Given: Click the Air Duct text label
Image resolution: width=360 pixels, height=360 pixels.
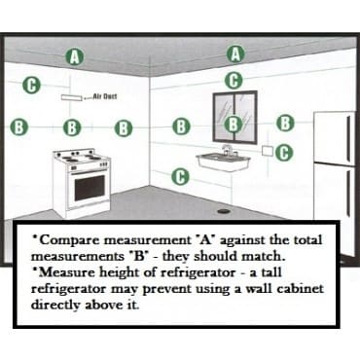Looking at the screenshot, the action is [105, 96].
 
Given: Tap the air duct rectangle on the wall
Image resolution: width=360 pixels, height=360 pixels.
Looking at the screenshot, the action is [71, 97].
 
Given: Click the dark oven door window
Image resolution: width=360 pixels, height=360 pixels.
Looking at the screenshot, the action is [90, 188].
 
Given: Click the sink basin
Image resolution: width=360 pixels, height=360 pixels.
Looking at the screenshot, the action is [223, 162].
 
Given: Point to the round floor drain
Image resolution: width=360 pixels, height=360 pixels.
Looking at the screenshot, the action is [224, 211].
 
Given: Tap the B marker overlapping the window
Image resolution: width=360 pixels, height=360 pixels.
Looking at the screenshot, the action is [234, 125].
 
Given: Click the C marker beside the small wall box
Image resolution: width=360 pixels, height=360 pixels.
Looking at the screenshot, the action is [284, 153].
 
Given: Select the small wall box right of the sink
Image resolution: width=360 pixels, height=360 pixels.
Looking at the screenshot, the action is [268, 151].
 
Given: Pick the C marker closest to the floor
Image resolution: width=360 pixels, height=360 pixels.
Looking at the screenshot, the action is [181, 177].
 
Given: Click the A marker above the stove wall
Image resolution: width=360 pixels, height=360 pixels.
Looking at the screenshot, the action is [75, 57].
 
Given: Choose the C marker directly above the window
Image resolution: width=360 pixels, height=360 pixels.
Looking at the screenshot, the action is [234, 81].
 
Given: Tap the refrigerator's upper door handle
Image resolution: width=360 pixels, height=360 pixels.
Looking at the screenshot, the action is [349, 138].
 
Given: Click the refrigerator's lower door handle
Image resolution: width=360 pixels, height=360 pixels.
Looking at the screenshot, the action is [348, 192].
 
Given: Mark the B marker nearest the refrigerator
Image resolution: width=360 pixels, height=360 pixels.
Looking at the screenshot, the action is [285, 124].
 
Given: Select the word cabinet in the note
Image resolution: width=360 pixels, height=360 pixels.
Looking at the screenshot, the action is [300, 289].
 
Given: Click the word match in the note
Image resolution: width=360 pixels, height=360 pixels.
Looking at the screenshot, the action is [262, 256].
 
